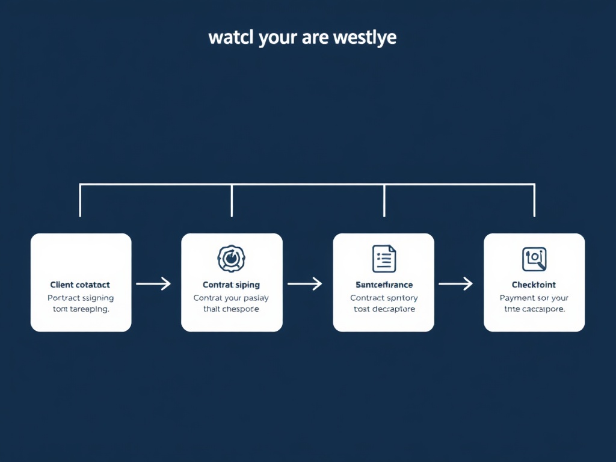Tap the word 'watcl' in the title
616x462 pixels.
tap(231, 37)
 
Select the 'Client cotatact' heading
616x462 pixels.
tap(80, 285)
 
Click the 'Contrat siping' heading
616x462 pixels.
tap(232, 285)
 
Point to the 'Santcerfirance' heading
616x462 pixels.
tap(384, 285)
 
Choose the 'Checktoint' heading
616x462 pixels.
tap(534, 285)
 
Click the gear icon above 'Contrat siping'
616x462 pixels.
tap(232, 258)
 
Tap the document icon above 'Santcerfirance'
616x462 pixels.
tap(384, 258)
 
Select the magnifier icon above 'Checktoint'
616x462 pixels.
tap(534, 258)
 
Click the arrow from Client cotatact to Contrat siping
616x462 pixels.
tap(154, 283)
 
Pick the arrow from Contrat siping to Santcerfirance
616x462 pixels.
tap(305, 283)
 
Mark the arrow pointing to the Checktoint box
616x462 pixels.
tap(455, 283)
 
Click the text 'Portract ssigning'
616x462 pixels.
tap(80, 298)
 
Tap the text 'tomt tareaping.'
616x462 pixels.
tap(80, 309)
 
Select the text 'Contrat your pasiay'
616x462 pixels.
tap(232, 298)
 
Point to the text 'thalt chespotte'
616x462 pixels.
tap(232, 309)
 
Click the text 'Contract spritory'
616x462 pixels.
tap(384, 298)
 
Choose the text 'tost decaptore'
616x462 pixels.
tap(384, 309)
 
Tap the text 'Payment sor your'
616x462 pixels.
tap(534, 298)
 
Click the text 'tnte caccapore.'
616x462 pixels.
tap(534, 309)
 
